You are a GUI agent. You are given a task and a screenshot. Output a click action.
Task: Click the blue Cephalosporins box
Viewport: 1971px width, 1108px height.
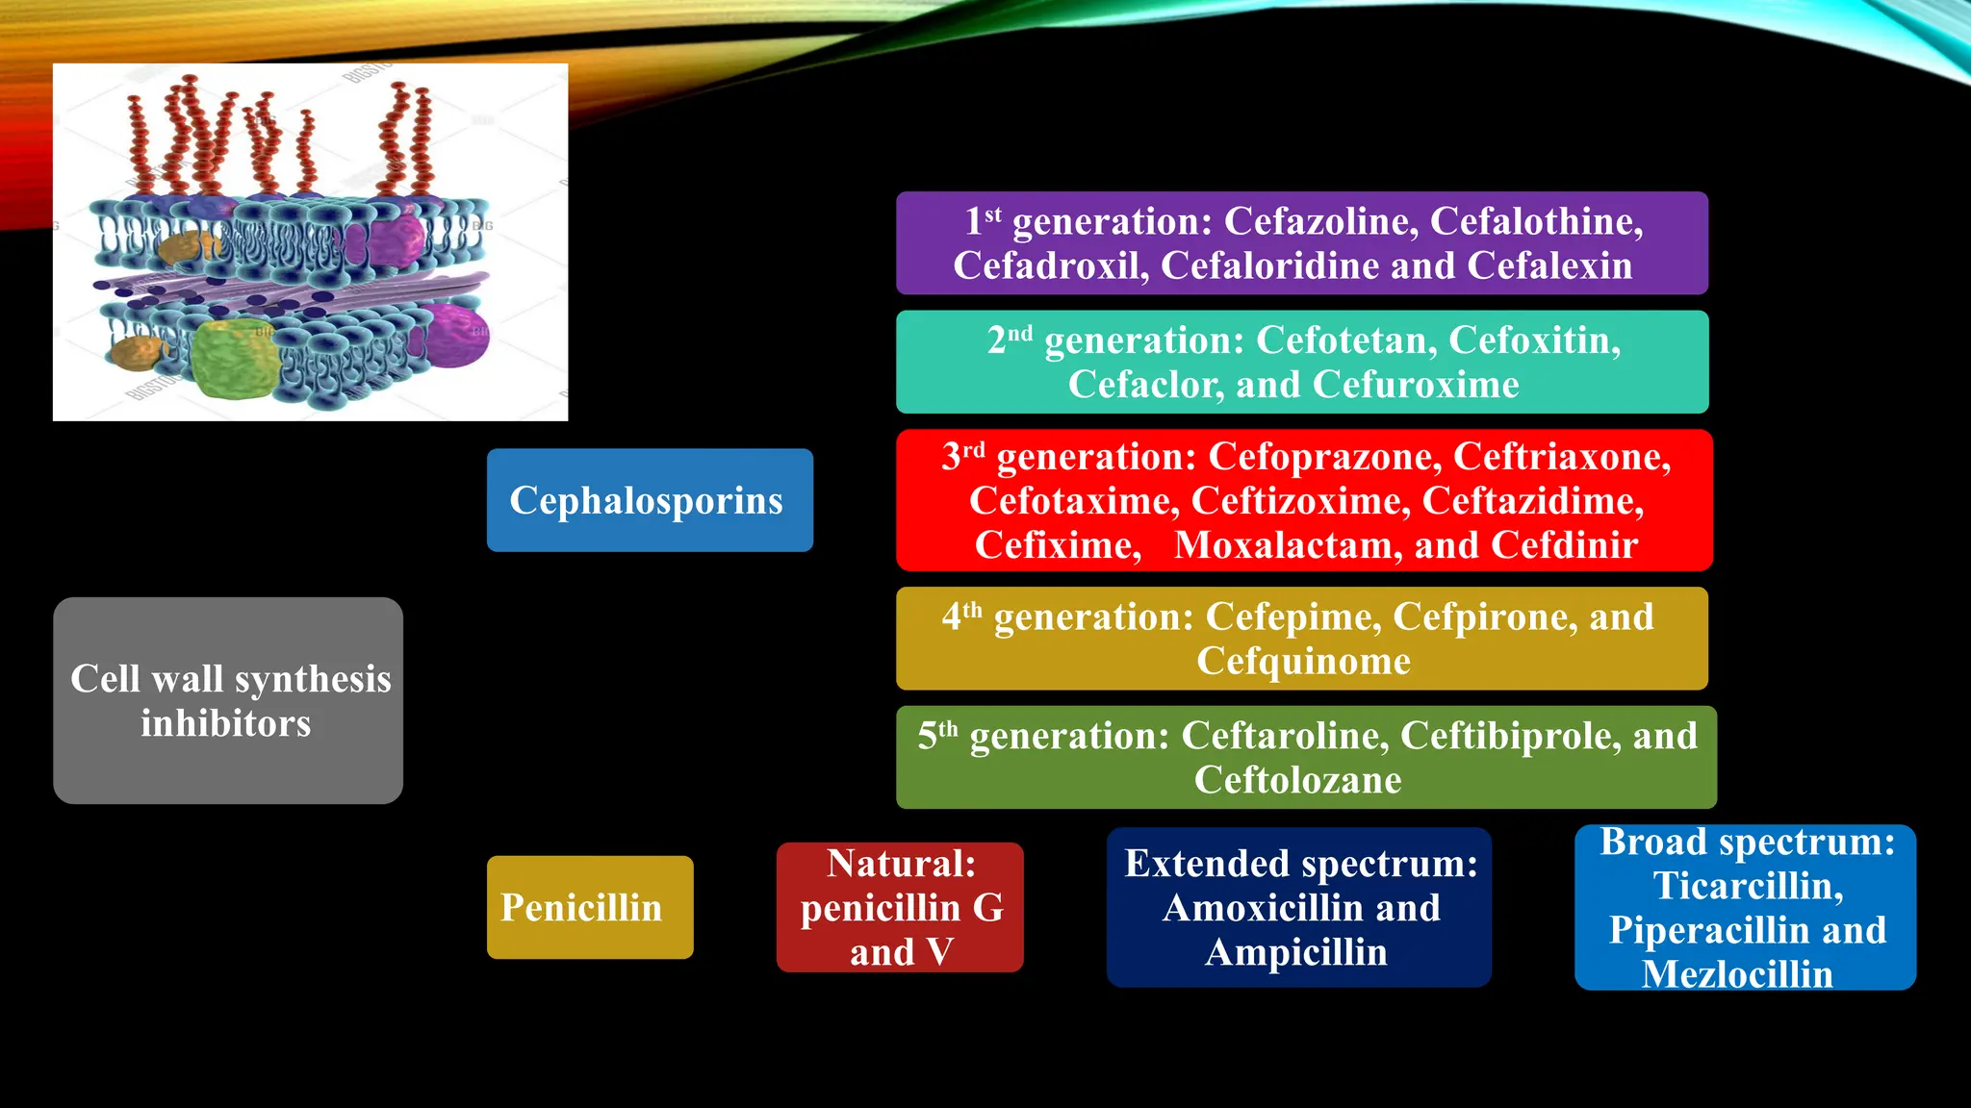click(650, 500)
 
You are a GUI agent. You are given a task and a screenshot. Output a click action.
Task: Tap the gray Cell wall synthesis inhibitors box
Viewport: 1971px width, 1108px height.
click(228, 700)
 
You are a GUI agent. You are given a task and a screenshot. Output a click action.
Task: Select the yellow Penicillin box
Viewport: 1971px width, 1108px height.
click(589, 907)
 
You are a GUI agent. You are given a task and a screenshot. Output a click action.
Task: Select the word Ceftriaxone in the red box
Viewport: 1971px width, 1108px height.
click(1560, 457)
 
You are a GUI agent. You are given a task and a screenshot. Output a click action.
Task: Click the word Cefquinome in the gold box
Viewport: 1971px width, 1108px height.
click(1303, 662)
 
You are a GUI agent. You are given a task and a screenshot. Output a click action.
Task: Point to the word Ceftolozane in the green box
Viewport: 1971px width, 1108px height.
click(1297, 780)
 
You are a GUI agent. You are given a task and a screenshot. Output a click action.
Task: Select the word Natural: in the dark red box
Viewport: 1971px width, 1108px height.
click(901, 864)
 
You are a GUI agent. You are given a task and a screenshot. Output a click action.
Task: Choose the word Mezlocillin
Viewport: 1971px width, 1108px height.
click(1737, 973)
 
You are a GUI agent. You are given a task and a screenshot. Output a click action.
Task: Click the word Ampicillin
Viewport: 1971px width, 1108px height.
click(1296, 952)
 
